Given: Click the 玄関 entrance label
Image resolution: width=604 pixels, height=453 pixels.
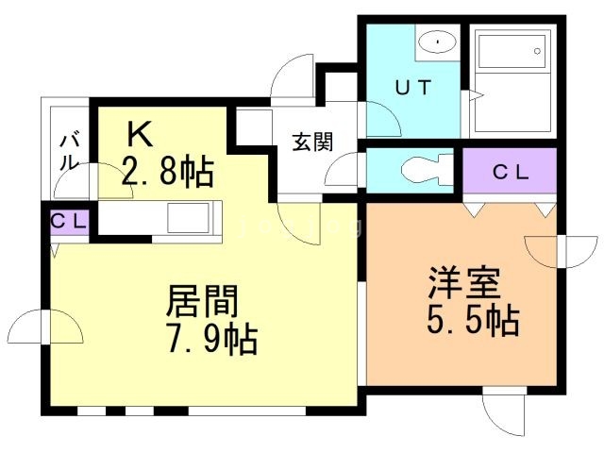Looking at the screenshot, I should pyautogui.click(x=310, y=143).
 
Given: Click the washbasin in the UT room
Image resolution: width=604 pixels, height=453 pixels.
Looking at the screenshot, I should pyautogui.click(x=436, y=42).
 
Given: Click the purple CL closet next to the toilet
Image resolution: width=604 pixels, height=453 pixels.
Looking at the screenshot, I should pyautogui.click(x=511, y=172).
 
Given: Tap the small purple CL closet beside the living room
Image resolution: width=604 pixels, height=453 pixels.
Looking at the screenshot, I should pyautogui.click(x=68, y=222).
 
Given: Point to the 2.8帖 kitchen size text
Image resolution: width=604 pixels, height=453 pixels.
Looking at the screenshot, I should pyautogui.click(x=168, y=173).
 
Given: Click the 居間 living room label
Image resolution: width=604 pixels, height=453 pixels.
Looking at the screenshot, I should pyautogui.click(x=202, y=303).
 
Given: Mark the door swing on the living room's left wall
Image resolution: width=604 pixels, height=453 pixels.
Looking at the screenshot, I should pyautogui.click(x=45, y=329).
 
